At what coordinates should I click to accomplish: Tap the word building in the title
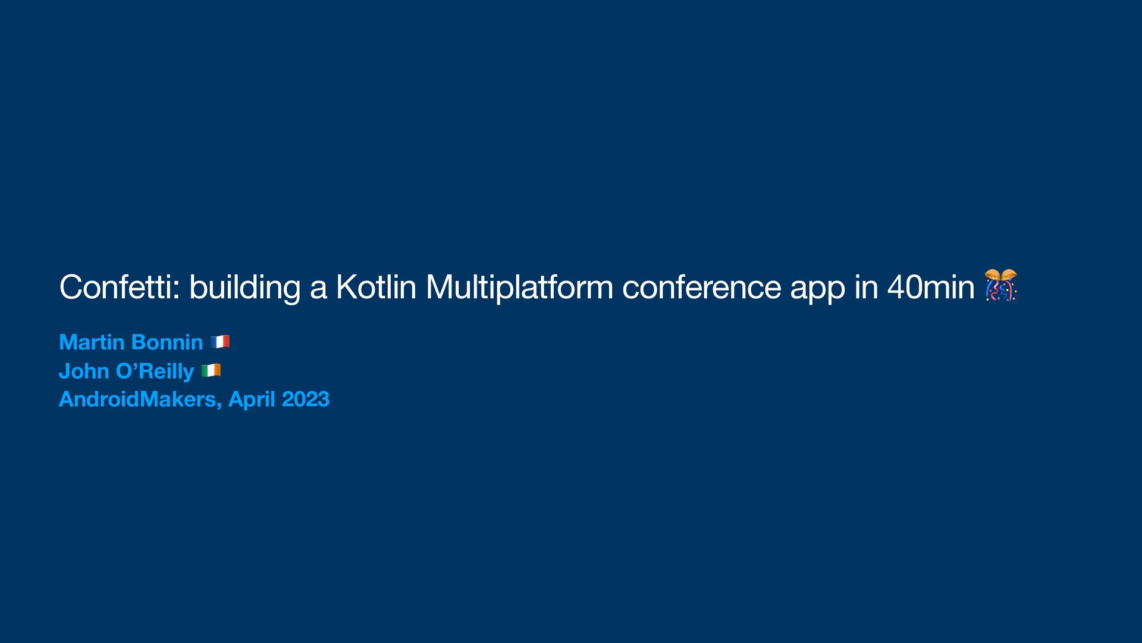point(244,288)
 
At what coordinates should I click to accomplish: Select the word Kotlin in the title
point(375,287)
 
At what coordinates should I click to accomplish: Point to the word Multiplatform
point(519,288)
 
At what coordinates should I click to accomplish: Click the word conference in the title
point(701,287)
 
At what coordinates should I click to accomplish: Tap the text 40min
point(930,287)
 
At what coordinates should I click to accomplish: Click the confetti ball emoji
point(1000,285)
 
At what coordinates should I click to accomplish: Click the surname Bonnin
point(167,342)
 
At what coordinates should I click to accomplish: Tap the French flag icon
point(220,342)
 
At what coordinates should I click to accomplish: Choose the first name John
point(83,371)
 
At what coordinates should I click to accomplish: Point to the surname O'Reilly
point(155,372)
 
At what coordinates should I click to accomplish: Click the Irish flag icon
point(211,370)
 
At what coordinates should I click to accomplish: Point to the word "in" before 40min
point(866,287)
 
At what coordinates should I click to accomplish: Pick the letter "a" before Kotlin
point(318,288)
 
